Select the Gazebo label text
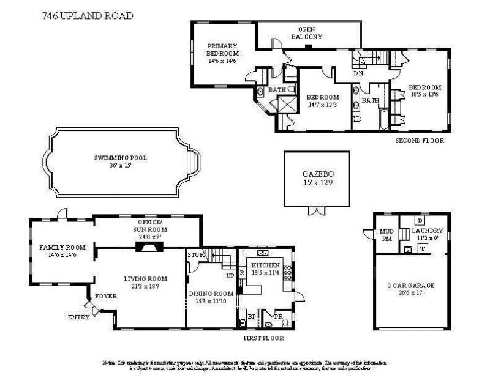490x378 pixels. click(x=317, y=174)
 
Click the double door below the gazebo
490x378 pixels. click(x=317, y=211)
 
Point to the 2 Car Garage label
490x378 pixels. click(x=410, y=286)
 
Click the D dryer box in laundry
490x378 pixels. click(x=420, y=220)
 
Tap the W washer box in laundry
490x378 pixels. click(x=422, y=248)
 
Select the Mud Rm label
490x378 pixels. click(x=386, y=235)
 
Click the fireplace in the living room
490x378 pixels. click(x=148, y=246)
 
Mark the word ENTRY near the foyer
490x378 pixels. click(x=78, y=317)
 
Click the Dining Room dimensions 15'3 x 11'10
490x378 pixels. click(x=211, y=300)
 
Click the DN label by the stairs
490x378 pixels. click(x=358, y=73)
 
